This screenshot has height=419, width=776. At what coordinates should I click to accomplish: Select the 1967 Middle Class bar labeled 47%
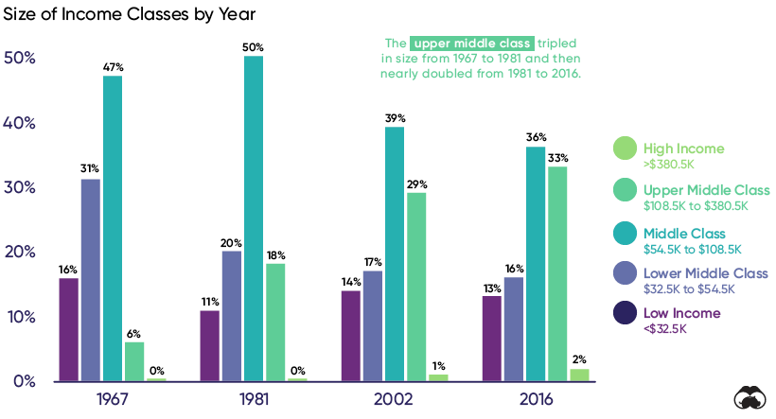click(x=113, y=227)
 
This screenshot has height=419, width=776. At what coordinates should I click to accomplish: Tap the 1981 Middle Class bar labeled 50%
click(x=253, y=218)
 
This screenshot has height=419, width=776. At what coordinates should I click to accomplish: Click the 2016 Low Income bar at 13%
click(x=492, y=338)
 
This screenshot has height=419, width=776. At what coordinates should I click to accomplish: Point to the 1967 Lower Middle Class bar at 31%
click(x=91, y=279)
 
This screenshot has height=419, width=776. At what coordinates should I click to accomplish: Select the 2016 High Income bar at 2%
click(x=580, y=375)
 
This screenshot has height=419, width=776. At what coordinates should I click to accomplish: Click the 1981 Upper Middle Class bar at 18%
click(x=275, y=322)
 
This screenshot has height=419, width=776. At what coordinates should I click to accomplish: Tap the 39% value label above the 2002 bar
click(x=395, y=118)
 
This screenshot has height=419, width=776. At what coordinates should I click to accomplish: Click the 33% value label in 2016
click(x=557, y=158)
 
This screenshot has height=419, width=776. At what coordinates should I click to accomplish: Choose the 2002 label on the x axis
click(x=394, y=399)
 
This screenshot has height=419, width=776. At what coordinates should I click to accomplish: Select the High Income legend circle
click(x=625, y=148)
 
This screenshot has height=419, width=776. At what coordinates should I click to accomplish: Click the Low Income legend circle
click(x=625, y=313)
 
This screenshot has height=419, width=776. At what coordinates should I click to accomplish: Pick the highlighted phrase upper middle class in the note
click(x=471, y=44)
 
